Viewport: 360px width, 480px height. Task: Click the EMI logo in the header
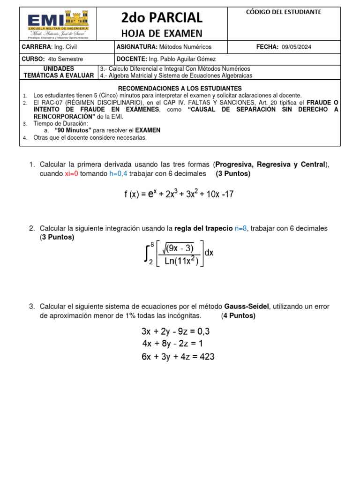point(59,23)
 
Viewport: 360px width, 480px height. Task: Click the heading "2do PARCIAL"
point(162,18)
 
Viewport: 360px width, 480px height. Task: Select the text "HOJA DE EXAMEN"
point(162,33)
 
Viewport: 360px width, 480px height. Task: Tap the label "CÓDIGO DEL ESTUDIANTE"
point(284,12)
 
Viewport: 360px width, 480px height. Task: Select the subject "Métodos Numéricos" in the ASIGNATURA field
point(186,47)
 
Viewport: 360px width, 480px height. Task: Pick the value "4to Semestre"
point(66,59)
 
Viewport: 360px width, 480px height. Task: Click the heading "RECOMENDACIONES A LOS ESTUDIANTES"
point(180,88)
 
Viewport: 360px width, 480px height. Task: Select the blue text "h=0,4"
point(118,174)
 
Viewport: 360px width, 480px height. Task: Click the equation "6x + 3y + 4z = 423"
point(178,357)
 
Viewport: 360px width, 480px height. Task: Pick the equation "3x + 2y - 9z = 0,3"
point(176,331)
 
